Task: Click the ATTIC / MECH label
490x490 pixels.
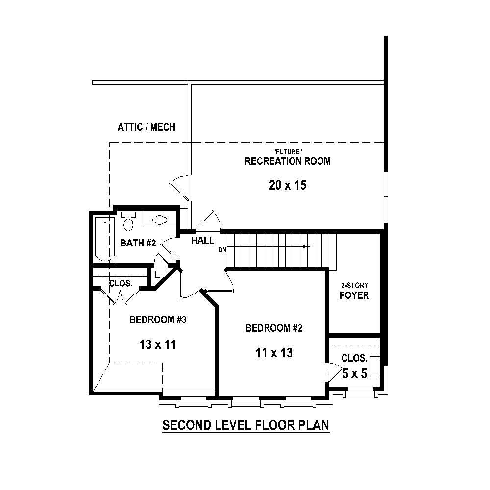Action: [x=146, y=127]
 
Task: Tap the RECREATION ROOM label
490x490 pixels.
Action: [x=288, y=161]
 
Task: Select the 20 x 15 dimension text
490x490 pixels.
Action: [x=288, y=185]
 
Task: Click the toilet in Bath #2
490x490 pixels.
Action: [x=128, y=222]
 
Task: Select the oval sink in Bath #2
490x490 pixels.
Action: [x=160, y=220]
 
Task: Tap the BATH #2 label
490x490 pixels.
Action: [x=138, y=243]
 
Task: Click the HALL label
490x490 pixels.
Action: [x=202, y=241]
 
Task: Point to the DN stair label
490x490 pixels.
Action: [x=222, y=250]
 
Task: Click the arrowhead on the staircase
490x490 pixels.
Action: [x=307, y=246]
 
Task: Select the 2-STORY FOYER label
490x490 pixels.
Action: [x=355, y=291]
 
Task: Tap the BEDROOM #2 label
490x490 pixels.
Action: [x=274, y=328]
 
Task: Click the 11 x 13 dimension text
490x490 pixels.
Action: [x=274, y=352]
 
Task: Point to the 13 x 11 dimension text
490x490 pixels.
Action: [x=158, y=344]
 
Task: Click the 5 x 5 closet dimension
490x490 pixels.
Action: [x=354, y=374]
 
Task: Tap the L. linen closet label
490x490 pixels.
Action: [x=157, y=275]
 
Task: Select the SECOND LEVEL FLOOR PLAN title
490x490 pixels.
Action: [x=245, y=425]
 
